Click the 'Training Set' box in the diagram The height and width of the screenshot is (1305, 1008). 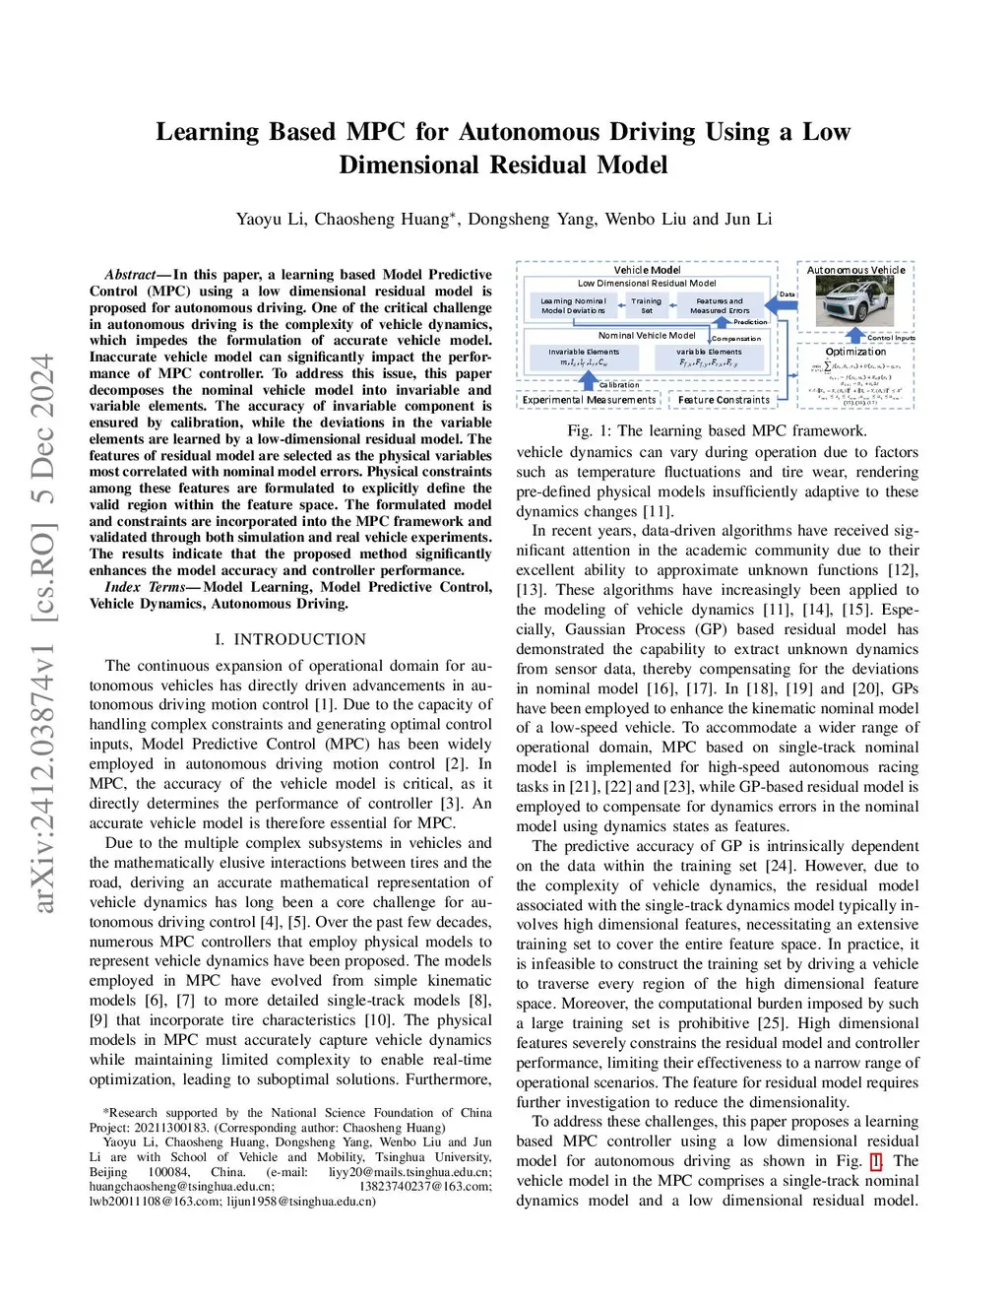pyautogui.click(x=647, y=305)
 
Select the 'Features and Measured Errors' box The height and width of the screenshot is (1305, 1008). pyautogui.click(x=720, y=305)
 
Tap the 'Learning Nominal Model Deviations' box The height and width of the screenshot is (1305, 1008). pyautogui.click(x=573, y=305)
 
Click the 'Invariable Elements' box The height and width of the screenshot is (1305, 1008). pyautogui.click(x=584, y=357)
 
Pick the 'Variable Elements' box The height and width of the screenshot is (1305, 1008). pyautogui.click(x=709, y=357)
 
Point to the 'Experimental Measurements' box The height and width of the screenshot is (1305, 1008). pyautogui.click(x=589, y=400)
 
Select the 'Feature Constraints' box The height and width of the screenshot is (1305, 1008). pyautogui.click(x=724, y=400)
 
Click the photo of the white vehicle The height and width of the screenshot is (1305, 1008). pyautogui.click(x=855, y=301)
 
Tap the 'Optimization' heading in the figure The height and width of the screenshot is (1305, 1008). pyautogui.click(x=855, y=352)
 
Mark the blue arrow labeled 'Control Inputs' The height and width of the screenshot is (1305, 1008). pyautogui.click(x=855, y=336)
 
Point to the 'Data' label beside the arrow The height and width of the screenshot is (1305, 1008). pyautogui.click(x=787, y=294)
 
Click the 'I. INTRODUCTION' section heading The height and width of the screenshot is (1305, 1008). pyautogui.click(x=290, y=639)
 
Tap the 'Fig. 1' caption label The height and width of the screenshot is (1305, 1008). pyautogui.click(x=589, y=430)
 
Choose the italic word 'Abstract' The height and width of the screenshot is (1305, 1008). pyautogui.click(x=130, y=275)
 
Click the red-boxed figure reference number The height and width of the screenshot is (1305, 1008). pyautogui.click(x=876, y=1161)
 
